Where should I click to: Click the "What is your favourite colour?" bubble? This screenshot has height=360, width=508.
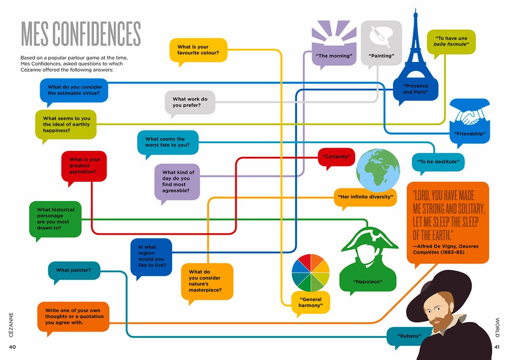click(x=198, y=50)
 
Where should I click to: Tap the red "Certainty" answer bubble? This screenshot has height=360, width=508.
click(x=336, y=157)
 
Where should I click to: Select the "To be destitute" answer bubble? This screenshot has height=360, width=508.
click(x=438, y=162)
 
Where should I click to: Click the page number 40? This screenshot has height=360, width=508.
click(x=13, y=347)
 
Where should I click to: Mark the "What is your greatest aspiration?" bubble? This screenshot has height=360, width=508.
click(x=85, y=166)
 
